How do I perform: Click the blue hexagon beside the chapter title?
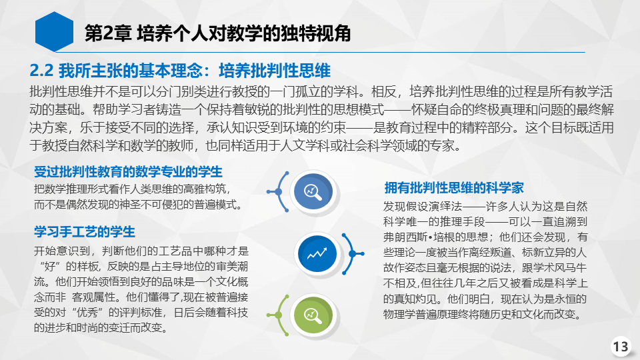pyautogui.click(x=54, y=32)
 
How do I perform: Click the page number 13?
pyautogui.click(x=621, y=347)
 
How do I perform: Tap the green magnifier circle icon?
pyautogui.click(x=313, y=315)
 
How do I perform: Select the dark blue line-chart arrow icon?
pyautogui.click(x=317, y=253)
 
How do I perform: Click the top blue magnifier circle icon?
pyautogui.click(x=313, y=191)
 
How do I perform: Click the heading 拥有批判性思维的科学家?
pyautogui.click(x=454, y=188)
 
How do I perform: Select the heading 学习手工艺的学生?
pyautogui.click(x=85, y=232)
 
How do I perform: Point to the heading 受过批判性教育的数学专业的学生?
pyautogui.click(x=128, y=172)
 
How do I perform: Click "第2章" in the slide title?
pyautogui.click(x=108, y=33)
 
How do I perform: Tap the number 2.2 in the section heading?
pyautogui.click(x=41, y=71)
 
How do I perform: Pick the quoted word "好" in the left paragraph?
pyautogui.click(x=49, y=267)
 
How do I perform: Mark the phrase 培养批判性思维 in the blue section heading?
pyautogui.click(x=275, y=71)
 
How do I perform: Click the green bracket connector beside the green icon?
pyautogui.click(x=279, y=315)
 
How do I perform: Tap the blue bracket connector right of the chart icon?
pyautogui.click(x=352, y=254)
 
